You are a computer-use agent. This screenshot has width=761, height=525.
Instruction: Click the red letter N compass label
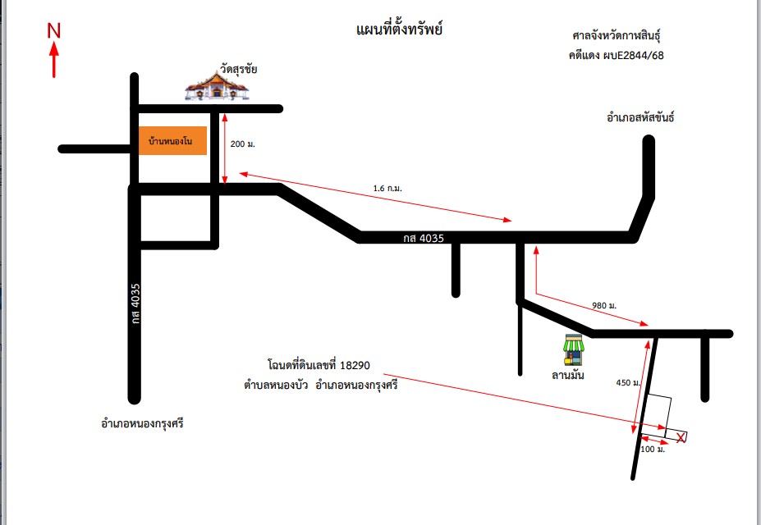pos(54,30)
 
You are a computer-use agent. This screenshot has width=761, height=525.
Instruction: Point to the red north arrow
pos(54,59)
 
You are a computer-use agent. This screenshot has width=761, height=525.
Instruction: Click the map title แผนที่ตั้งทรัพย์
pos(399,29)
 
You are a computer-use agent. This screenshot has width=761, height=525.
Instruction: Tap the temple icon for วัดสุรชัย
pos(217,86)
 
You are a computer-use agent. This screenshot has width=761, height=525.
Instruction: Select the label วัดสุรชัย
pos(238,69)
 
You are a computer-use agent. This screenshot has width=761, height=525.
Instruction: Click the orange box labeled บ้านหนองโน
pos(172,140)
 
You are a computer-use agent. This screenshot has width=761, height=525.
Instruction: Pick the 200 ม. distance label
pos(243,144)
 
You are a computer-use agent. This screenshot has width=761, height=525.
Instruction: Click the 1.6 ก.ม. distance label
pos(387,188)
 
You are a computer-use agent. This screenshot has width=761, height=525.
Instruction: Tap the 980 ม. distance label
pos(604,305)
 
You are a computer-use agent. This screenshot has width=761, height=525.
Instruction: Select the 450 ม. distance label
pos(628,383)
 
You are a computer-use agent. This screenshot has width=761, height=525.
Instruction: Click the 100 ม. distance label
pos(653,450)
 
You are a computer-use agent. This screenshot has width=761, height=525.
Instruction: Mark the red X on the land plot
pos(681,438)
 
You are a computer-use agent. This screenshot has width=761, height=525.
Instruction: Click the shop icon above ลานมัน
pos(574,349)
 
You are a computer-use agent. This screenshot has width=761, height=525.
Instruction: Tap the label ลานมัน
pos(568,375)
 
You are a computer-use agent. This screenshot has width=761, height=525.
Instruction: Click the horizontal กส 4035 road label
pos(424,238)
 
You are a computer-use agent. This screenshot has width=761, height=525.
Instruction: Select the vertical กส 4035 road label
pos(135,304)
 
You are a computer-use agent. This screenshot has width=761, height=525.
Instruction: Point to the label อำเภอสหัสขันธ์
pos(640,117)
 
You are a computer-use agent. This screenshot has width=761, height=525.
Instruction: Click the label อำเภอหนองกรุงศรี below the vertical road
pos(142,423)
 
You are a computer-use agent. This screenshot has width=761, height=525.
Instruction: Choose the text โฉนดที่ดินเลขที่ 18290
pos(319,364)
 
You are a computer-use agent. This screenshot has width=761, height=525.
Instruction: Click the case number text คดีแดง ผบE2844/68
pos(617,55)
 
